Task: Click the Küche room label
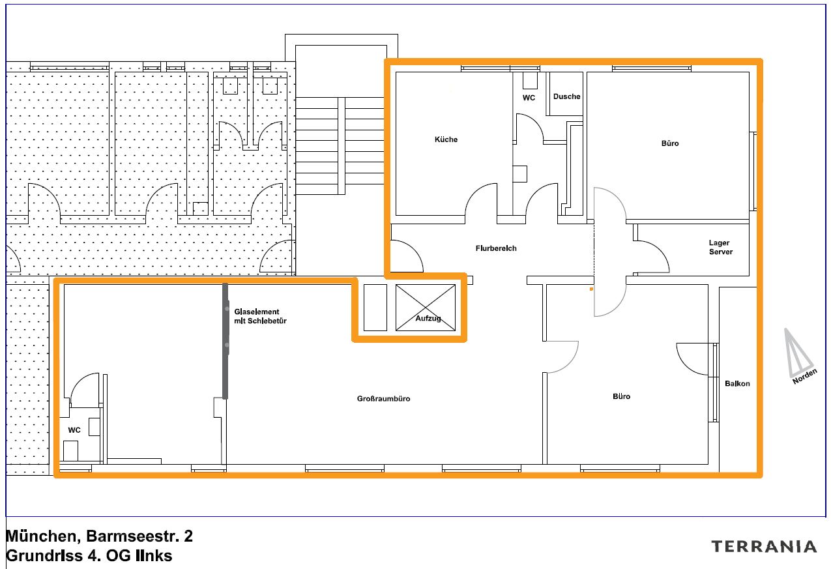coord(446,139)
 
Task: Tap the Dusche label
coord(566,96)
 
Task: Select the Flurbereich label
coord(495,248)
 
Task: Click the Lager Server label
coord(720,248)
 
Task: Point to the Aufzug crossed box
coord(425,308)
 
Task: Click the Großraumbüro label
coord(383,399)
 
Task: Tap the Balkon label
coord(737,384)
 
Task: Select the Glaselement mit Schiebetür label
coord(260,317)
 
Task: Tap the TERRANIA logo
coord(763,546)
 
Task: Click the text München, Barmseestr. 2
coord(99,536)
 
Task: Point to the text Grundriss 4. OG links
coord(89,556)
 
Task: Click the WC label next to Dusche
coord(529,98)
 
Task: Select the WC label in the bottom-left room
coord(74,430)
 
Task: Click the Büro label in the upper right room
coord(669,143)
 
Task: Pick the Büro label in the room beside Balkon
coord(621,396)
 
